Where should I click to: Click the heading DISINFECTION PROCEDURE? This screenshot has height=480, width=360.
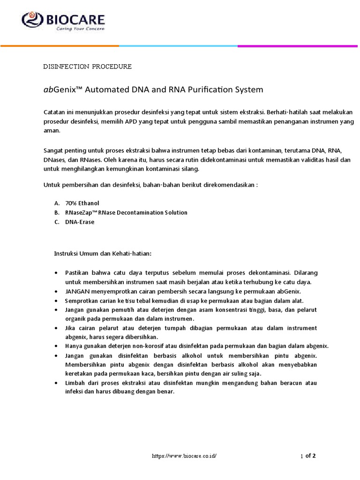click(x=87, y=67)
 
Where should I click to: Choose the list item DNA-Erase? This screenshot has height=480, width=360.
click(x=80, y=222)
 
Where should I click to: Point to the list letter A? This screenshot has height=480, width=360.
click(x=56, y=203)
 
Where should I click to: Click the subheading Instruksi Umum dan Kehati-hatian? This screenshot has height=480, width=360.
click(x=103, y=254)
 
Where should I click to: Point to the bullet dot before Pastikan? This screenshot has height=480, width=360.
click(x=56, y=273)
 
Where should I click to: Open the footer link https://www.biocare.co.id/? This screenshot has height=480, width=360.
click(x=184, y=456)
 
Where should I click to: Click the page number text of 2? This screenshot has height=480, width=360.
click(x=311, y=455)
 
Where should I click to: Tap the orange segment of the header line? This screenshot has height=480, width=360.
click(x=60, y=46)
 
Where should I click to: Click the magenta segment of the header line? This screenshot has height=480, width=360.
click(x=299, y=46)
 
